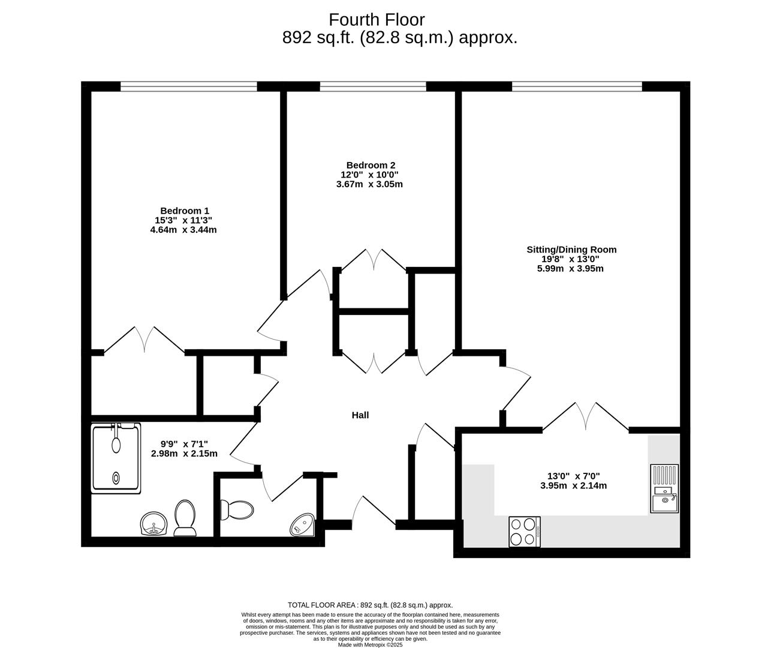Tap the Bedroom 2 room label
pyautogui.click(x=371, y=165)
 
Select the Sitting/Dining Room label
pyautogui.click(x=571, y=250)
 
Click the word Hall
pyautogui.click(x=360, y=415)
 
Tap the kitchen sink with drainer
pyautogui.click(x=664, y=488)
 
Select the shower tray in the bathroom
pyautogui.click(x=116, y=459)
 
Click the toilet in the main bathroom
pyautogui.click(x=185, y=518)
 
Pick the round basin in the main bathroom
pyautogui.click(x=153, y=524)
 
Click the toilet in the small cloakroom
pyautogui.click(x=236, y=510)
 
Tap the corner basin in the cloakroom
pyautogui.click(x=302, y=524)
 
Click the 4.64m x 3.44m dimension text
pyautogui.click(x=183, y=230)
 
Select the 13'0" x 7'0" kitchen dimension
pyautogui.click(x=573, y=476)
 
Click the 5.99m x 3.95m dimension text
pyautogui.click(x=570, y=269)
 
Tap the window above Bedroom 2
pyautogui.click(x=373, y=87)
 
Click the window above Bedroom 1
pyautogui.click(x=189, y=87)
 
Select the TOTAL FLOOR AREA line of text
pyautogui.click(x=370, y=605)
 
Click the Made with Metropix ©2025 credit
pyautogui.click(x=370, y=645)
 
